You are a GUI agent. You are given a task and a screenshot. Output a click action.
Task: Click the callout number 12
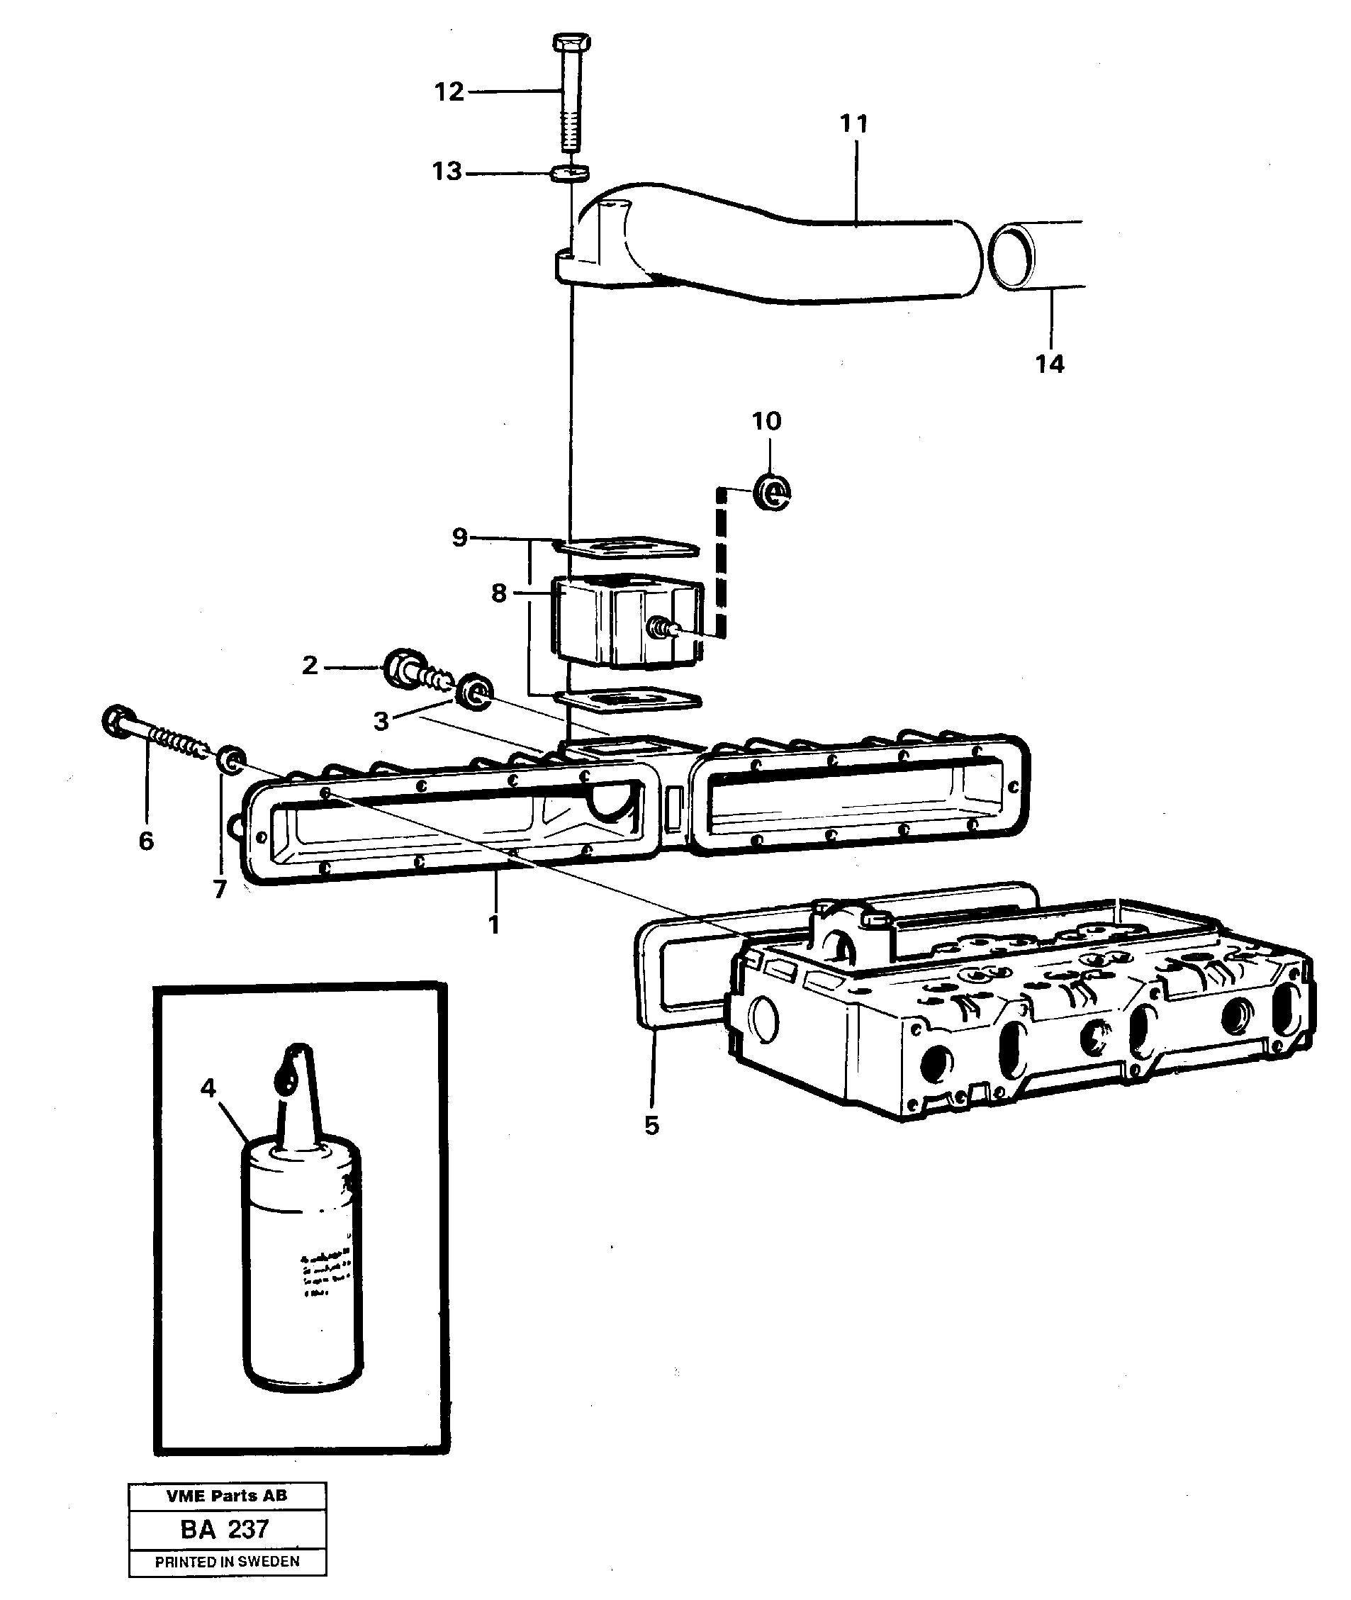click(449, 92)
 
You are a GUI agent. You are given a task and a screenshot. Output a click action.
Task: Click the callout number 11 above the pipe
click(854, 123)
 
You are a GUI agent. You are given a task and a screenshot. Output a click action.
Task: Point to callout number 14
click(1050, 364)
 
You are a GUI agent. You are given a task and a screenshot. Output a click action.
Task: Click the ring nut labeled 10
click(772, 492)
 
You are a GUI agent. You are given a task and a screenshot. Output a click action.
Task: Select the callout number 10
click(767, 420)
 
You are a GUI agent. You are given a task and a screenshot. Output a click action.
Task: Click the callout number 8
click(498, 592)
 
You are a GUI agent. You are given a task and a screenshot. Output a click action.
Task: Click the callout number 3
click(381, 721)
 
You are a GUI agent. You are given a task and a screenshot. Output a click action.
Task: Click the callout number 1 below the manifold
click(494, 924)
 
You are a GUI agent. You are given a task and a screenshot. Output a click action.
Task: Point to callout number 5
click(652, 1125)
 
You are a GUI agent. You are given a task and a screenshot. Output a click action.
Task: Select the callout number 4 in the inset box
click(208, 1087)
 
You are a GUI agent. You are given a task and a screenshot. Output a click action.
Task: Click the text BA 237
click(225, 1530)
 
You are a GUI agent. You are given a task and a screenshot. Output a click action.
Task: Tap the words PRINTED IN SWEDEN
click(227, 1561)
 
